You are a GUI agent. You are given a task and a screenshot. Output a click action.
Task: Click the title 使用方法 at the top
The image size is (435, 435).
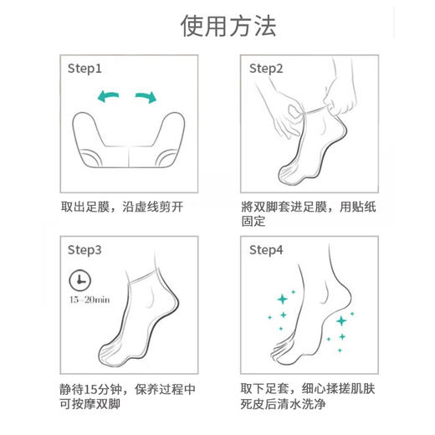click(217, 26)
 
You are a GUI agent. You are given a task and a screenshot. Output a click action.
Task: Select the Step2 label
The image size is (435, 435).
click(267, 69)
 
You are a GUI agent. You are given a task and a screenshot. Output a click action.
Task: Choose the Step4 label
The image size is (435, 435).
click(267, 249)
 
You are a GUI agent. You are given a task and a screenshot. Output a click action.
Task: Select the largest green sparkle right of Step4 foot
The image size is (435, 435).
click(341, 320)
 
